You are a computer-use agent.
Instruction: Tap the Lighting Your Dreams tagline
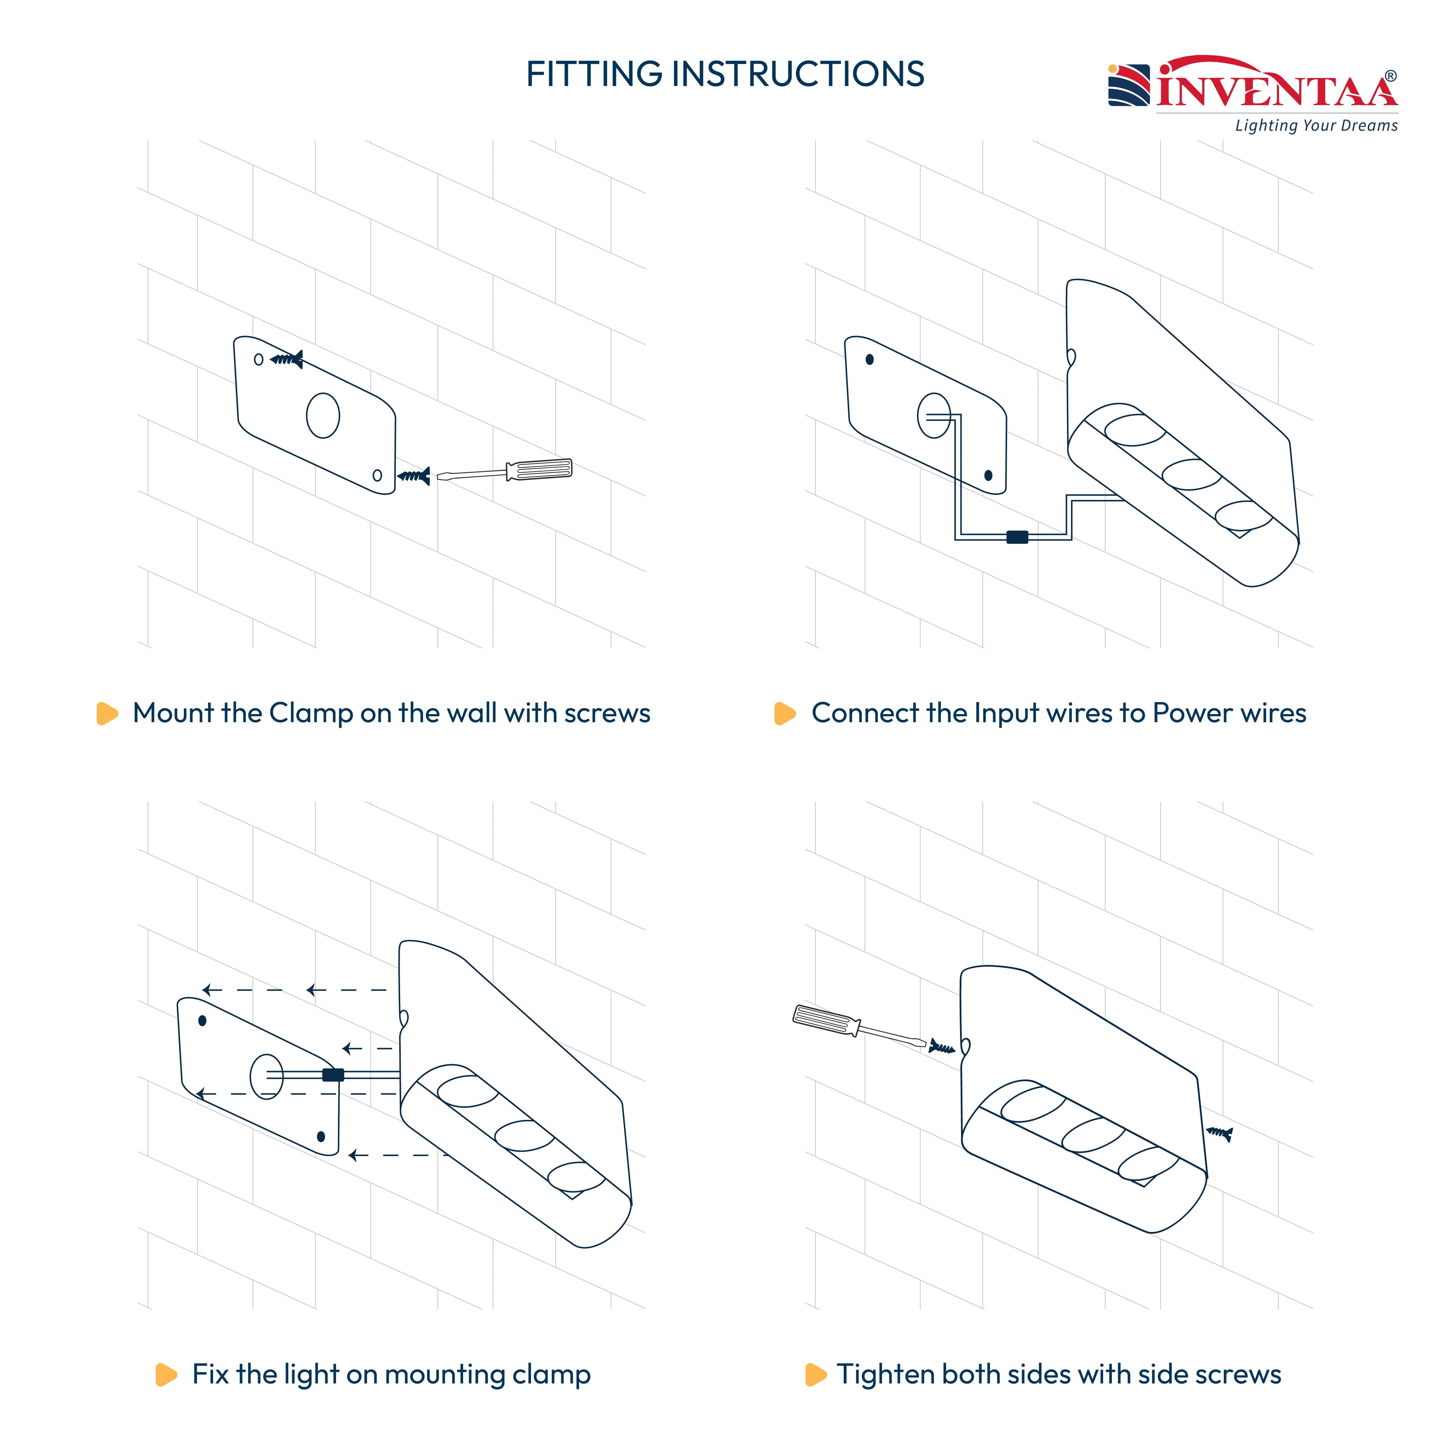(1316, 125)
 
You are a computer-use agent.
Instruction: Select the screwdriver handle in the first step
(539, 469)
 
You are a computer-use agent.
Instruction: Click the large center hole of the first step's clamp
(323, 415)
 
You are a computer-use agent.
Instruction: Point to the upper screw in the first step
(287, 359)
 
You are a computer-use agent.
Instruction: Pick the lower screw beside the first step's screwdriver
(414, 475)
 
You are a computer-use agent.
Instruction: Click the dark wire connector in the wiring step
(1017, 537)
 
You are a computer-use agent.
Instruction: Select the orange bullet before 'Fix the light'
(166, 1374)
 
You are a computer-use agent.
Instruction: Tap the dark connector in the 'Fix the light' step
(333, 1075)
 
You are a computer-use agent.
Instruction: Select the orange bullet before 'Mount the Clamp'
(107, 713)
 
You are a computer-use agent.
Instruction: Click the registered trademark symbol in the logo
(1391, 76)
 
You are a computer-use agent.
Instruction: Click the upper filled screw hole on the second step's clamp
(870, 359)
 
